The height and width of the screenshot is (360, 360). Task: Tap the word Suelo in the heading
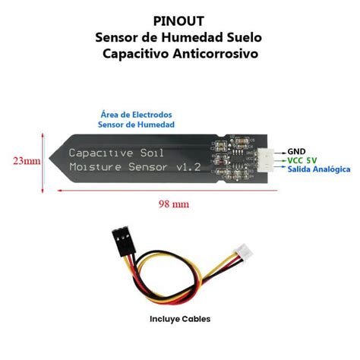pyautogui.click(x=242, y=37)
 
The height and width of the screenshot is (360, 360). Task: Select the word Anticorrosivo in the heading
pyautogui.click(x=216, y=54)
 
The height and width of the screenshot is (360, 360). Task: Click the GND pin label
pyautogui.click(x=296, y=152)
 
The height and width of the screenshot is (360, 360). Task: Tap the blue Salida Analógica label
pyautogui.click(x=318, y=170)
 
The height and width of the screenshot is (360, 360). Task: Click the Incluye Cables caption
pyautogui.click(x=180, y=318)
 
